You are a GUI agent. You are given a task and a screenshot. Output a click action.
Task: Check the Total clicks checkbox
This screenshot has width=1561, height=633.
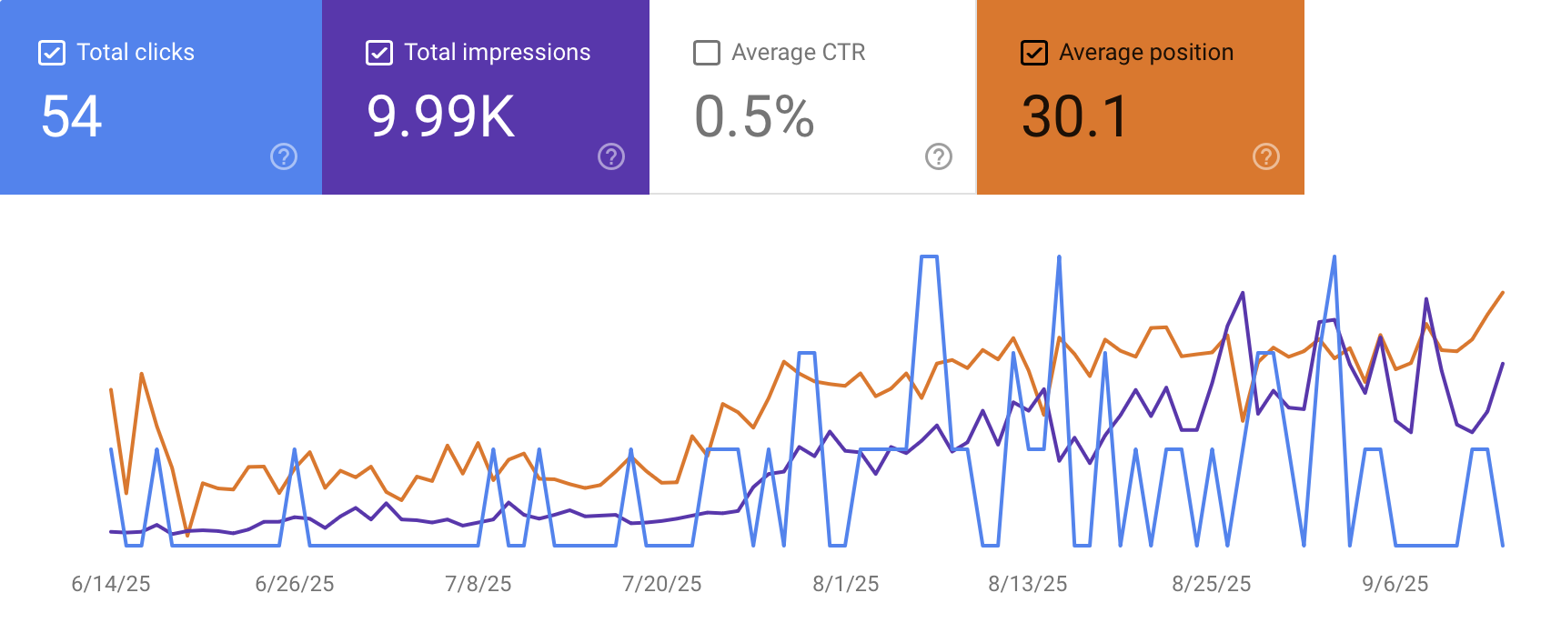click(x=52, y=53)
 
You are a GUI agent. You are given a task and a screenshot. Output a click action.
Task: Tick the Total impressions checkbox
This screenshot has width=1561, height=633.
click(x=379, y=53)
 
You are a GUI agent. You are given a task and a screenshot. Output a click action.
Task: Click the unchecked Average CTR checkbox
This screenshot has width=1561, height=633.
click(x=707, y=53)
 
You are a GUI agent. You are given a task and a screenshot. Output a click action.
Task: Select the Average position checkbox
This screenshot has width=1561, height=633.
click(x=1034, y=53)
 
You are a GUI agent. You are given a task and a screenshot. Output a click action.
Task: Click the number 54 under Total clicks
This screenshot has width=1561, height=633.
click(x=72, y=116)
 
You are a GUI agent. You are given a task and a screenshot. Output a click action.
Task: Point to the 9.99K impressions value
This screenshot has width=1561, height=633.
click(x=441, y=116)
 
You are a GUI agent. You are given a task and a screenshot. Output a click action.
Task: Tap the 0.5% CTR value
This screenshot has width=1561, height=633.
click(x=754, y=116)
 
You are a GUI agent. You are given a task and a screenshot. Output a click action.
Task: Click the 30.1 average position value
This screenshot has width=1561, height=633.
click(x=1074, y=116)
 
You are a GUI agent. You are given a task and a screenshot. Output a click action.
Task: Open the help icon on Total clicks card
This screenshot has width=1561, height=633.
click(x=284, y=156)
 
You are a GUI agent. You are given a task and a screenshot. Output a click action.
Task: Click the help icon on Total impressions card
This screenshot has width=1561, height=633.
click(x=611, y=156)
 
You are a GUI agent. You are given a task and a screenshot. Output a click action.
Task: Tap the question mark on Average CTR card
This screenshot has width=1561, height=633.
click(x=939, y=156)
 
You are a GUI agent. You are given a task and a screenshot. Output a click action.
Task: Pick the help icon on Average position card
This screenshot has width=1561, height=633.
click(x=1266, y=156)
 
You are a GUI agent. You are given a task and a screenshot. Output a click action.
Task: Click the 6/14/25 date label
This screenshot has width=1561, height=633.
click(x=111, y=584)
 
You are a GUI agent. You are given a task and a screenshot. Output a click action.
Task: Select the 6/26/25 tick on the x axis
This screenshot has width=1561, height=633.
click(x=295, y=584)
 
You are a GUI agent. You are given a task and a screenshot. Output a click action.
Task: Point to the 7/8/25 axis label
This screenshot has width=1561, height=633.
click(x=478, y=584)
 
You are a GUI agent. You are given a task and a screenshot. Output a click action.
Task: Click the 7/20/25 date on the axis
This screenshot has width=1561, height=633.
click(x=662, y=584)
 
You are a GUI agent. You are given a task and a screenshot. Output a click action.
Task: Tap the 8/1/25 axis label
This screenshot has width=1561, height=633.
click(x=846, y=584)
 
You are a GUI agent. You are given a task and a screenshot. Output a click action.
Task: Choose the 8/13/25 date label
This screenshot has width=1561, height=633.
click(x=1028, y=584)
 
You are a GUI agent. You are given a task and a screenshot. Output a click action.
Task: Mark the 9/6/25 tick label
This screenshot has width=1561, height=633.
click(x=1395, y=584)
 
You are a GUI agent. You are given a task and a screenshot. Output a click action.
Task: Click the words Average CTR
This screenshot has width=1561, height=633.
click(x=799, y=53)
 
